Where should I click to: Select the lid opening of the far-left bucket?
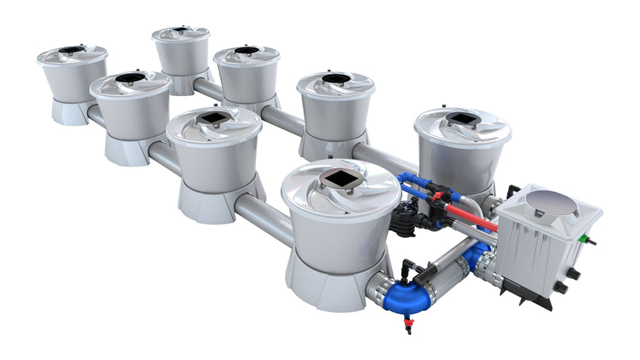pos(71,50)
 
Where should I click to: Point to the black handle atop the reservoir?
pos(513,193)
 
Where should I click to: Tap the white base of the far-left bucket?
pos(71,112)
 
